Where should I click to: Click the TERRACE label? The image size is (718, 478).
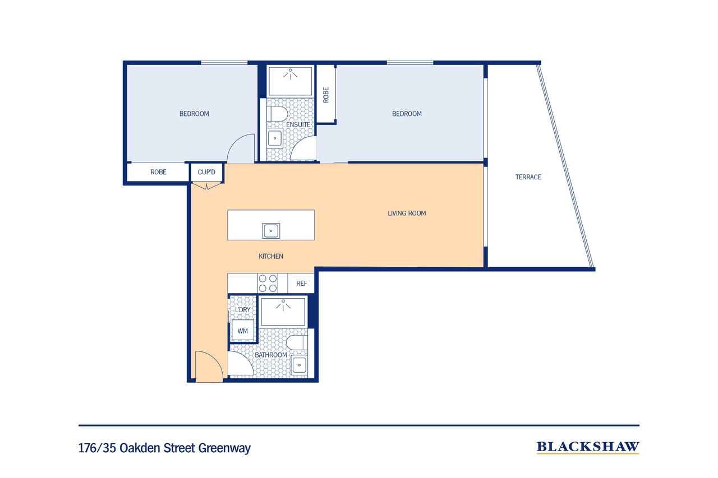coord(528,177)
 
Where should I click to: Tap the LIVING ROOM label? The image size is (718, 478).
coord(407,214)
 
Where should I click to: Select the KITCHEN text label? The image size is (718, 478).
coord(271,256)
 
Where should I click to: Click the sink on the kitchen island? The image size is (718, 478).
coord(271,230)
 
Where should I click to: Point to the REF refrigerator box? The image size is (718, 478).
coord(301,284)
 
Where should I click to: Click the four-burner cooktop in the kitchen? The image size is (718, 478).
coord(268,284)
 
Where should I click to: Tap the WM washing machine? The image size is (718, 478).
coord(243,331)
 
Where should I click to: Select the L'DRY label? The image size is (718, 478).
coord(243,309)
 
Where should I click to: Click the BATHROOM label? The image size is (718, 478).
coord(271,355)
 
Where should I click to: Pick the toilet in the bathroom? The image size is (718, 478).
coord(297,342)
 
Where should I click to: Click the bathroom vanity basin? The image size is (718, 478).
coord(299,365)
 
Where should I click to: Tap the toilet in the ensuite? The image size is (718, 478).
coord(278,114)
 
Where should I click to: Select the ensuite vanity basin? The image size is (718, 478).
coord(275,138)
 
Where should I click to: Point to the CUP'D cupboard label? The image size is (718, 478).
coord(206,172)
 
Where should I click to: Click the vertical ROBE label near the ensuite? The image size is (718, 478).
coord(326,95)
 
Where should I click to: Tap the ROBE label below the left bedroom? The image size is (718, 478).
coord(158,172)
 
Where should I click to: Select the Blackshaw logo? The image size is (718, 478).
coord(588,447)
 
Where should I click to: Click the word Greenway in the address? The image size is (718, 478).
coord(224,448)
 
